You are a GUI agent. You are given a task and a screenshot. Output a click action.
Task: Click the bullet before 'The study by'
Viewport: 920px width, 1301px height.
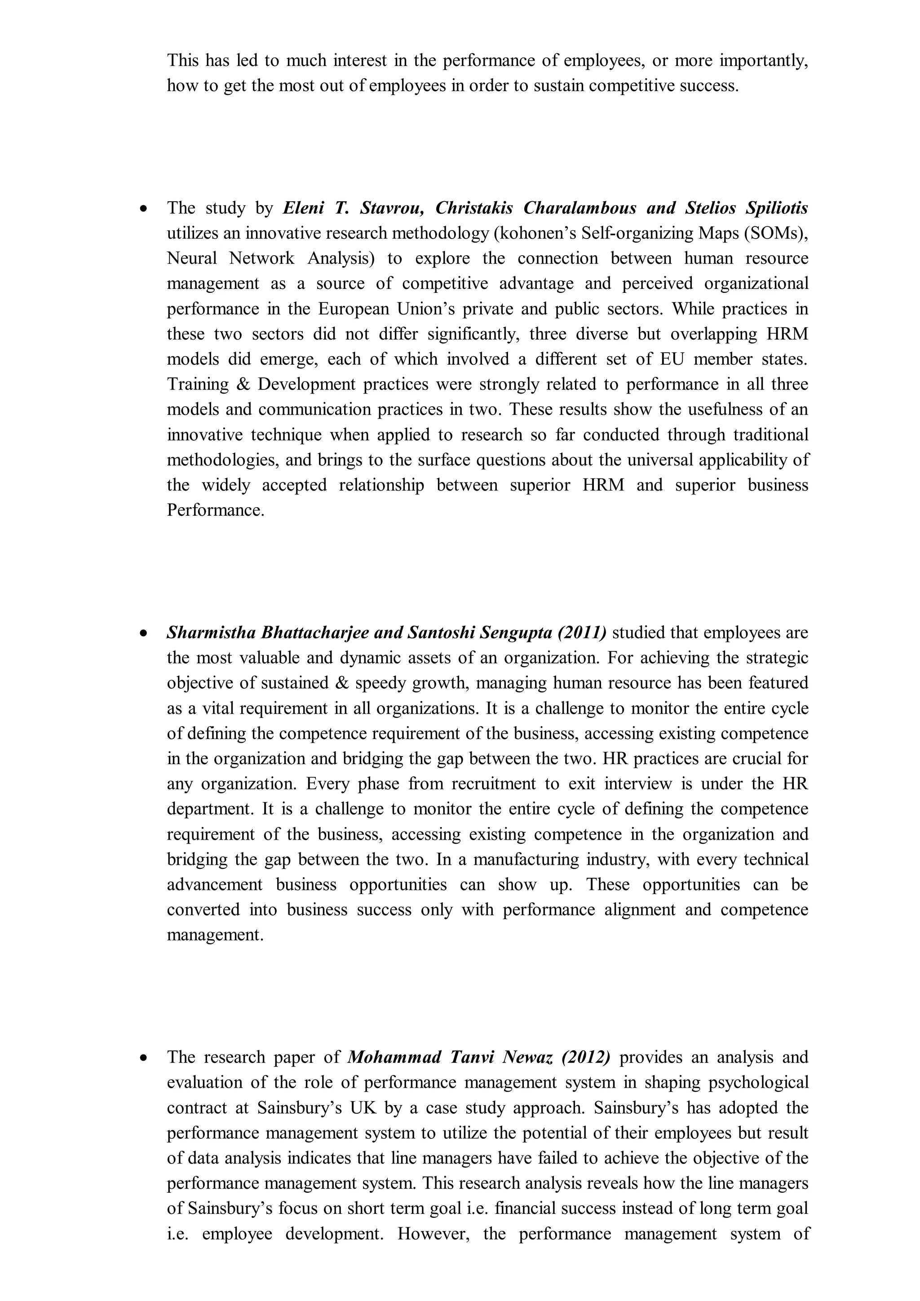pos(145,209)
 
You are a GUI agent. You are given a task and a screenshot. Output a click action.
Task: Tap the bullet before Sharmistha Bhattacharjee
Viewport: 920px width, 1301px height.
pos(145,633)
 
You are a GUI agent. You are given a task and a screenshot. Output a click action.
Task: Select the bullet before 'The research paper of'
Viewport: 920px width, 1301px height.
pos(145,1058)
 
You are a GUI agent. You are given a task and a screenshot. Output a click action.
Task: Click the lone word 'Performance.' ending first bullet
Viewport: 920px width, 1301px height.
pos(215,510)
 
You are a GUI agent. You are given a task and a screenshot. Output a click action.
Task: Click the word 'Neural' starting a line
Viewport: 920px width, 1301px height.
pos(191,258)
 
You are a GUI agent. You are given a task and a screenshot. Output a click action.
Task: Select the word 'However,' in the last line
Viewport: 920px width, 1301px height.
pos(433,1234)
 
